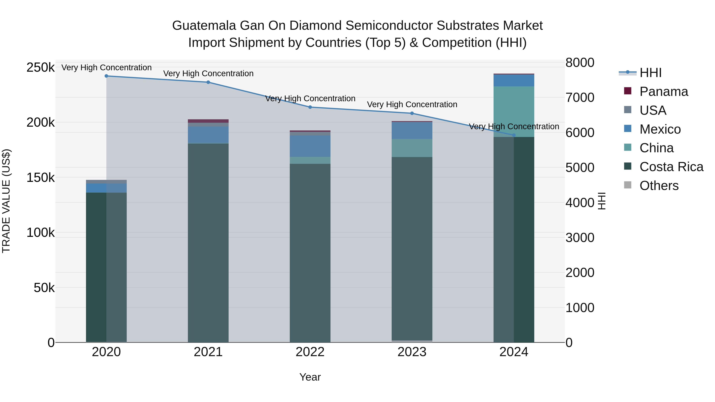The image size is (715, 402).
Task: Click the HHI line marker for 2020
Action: tap(106, 76)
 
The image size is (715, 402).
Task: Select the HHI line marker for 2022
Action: tap(310, 107)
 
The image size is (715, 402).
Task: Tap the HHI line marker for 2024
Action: tap(514, 135)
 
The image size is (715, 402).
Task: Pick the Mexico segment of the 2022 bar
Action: tap(310, 146)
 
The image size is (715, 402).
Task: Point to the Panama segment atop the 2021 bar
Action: tap(208, 121)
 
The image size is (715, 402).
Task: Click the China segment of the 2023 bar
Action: tap(412, 148)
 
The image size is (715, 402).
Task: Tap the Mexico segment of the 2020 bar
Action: tap(106, 188)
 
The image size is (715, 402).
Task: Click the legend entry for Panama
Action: tap(663, 92)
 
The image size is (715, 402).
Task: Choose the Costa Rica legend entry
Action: tap(671, 167)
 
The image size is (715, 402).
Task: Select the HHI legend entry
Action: tap(650, 73)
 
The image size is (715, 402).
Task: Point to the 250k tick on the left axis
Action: tap(41, 67)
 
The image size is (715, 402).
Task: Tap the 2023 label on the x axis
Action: tap(412, 352)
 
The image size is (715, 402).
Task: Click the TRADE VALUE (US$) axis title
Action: tap(6, 201)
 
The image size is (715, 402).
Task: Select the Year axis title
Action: tap(310, 377)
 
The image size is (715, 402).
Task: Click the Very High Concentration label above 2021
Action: tap(208, 73)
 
